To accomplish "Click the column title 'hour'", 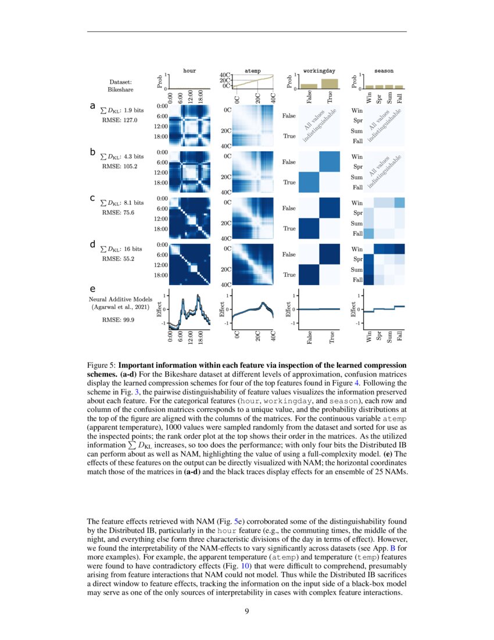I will tap(189, 70).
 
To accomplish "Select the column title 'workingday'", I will tap(315, 70).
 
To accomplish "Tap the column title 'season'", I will tap(384, 70).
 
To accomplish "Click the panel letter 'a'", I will tap(92, 106).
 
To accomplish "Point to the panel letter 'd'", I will tap(92, 245).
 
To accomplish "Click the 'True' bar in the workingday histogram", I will tap(330, 84).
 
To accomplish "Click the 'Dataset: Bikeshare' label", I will tap(120, 86).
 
